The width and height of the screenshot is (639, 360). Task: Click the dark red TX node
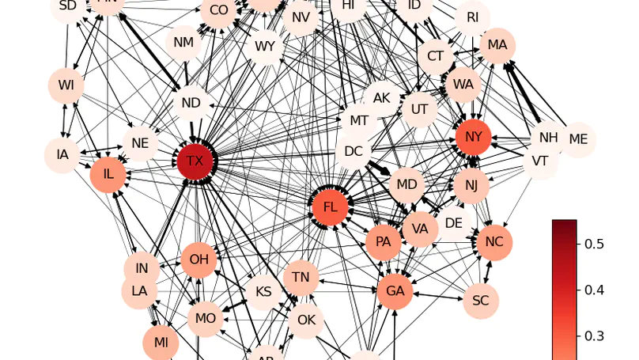195,162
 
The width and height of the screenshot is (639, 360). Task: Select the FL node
331,207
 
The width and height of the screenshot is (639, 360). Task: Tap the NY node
473,138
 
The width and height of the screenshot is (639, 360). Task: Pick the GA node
395,291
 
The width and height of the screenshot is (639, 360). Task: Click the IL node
108,175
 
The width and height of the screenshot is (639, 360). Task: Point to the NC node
494,242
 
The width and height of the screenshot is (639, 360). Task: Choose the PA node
384,241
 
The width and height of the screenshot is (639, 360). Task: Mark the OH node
199,260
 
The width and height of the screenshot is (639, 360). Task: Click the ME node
578,139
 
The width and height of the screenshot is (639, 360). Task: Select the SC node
480,301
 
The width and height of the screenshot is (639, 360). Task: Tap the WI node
66,85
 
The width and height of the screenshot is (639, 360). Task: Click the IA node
62,154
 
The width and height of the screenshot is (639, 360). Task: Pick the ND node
191,103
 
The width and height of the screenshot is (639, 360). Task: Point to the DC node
354,151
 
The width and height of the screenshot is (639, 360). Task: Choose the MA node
497,45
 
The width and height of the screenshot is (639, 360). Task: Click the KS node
263,292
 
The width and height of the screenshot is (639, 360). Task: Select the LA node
139,291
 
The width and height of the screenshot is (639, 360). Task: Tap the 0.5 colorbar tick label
594,244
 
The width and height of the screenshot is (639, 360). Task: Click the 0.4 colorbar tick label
594,290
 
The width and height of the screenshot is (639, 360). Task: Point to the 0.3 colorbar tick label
594,336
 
